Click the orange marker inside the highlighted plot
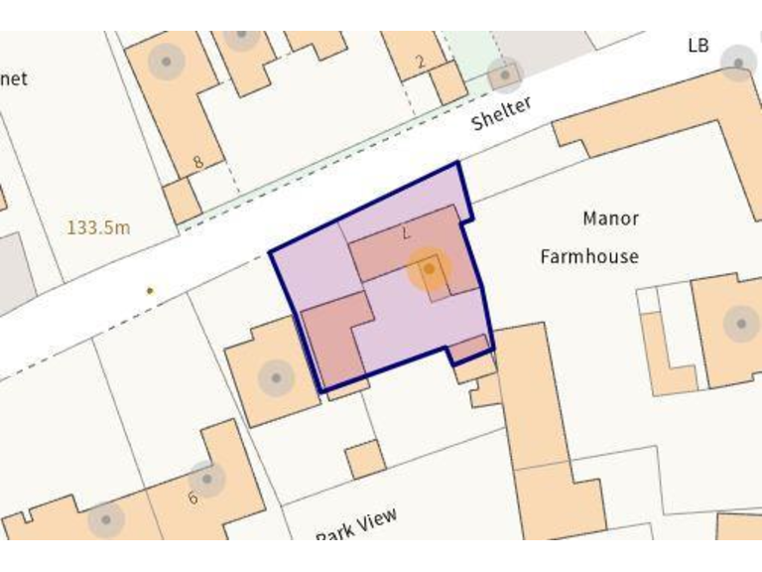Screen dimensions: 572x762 coord(429,268)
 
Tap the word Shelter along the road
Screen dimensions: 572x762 coord(501,113)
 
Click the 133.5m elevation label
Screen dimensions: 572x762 coord(98,227)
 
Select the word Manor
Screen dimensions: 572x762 coord(610,218)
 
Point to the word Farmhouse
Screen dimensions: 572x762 coord(588,256)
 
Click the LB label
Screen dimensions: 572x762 coord(699,46)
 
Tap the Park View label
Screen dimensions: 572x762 coord(356,524)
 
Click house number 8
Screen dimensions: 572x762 coord(197,162)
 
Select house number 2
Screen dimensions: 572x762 coord(420,63)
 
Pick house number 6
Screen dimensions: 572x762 coord(192,498)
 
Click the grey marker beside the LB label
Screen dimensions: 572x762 coord(738,63)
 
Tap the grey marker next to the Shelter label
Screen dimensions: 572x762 coord(505,74)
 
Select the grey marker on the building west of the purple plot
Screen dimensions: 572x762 coord(275,377)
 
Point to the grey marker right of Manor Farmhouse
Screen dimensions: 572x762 coord(739,323)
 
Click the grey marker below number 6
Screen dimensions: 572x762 coord(105,519)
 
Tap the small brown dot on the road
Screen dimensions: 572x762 coord(150,291)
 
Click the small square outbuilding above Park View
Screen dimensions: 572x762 coord(365,459)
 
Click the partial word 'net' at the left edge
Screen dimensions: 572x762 coord(14,78)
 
